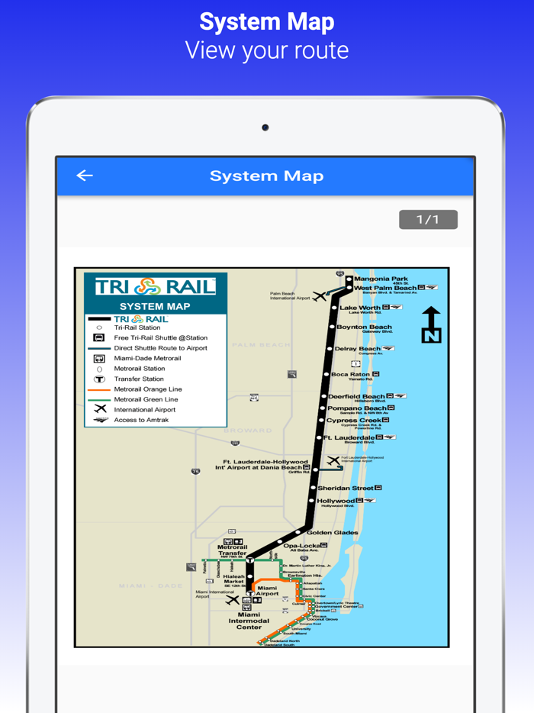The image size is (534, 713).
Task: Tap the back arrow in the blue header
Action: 85,176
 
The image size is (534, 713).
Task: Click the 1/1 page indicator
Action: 428,220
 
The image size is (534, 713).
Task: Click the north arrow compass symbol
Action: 432,324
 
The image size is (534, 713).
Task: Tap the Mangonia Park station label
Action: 381,279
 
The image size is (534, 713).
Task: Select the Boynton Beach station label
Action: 364,327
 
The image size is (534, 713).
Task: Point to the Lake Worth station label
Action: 359,308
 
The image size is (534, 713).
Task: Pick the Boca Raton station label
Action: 350,374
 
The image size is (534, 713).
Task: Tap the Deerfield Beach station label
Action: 356,396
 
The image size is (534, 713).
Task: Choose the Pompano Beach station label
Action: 356,408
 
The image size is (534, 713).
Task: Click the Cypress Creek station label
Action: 353,420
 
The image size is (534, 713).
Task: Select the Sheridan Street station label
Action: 345,488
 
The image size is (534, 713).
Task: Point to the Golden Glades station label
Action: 333,532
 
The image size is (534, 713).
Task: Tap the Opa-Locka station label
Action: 301,545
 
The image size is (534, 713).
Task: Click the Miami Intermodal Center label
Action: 249,621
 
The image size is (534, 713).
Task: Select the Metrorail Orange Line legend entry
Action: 147,389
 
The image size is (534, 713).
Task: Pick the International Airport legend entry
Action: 144,410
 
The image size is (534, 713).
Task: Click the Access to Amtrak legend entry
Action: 141,420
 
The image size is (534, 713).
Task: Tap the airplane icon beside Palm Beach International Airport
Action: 320,296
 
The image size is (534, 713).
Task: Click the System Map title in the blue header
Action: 266,176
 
